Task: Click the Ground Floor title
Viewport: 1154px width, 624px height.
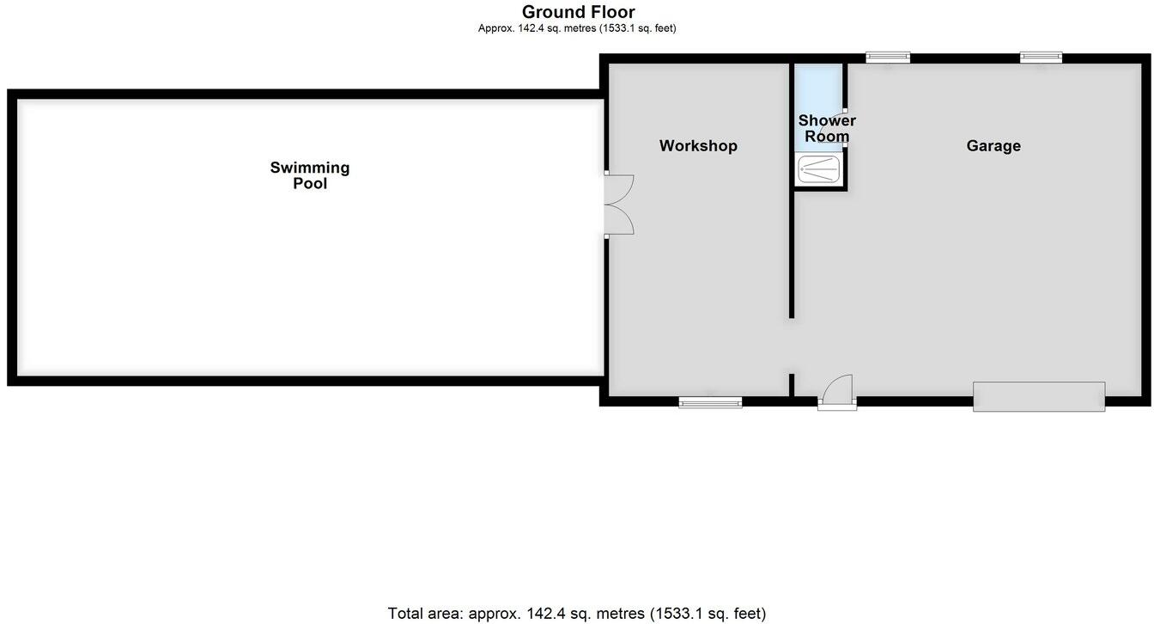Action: pyautogui.click(x=578, y=12)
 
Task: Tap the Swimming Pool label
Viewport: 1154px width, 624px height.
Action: pyautogui.click(x=310, y=174)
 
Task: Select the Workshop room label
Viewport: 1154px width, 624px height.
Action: pyautogui.click(x=698, y=146)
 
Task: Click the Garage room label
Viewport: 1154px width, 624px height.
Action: pyautogui.click(x=993, y=146)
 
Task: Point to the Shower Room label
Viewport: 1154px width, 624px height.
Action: pyautogui.click(x=827, y=129)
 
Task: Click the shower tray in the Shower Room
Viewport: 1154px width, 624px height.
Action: pyautogui.click(x=818, y=168)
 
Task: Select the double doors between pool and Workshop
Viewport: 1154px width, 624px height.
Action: pyautogui.click(x=618, y=205)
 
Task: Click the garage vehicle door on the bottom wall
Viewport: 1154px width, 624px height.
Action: pyautogui.click(x=1039, y=396)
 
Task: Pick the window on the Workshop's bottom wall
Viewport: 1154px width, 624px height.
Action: pyautogui.click(x=710, y=401)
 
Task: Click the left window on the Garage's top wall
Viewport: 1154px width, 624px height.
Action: pyautogui.click(x=888, y=58)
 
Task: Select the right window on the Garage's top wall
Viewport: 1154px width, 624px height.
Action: pyautogui.click(x=1041, y=58)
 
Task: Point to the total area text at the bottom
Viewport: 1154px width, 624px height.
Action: pyautogui.click(x=577, y=614)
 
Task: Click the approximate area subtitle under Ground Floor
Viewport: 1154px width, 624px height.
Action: pyautogui.click(x=577, y=28)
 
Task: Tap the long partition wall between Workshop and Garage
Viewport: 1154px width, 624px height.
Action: pyautogui.click(x=791, y=189)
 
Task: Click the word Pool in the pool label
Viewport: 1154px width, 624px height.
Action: pyautogui.click(x=310, y=183)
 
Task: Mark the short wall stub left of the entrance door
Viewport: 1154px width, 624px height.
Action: pyautogui.click(x=791, y=384)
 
